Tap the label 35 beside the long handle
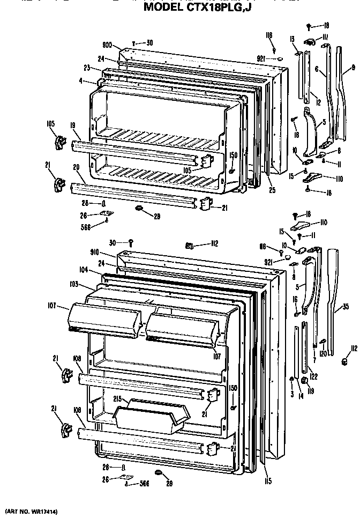346,307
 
